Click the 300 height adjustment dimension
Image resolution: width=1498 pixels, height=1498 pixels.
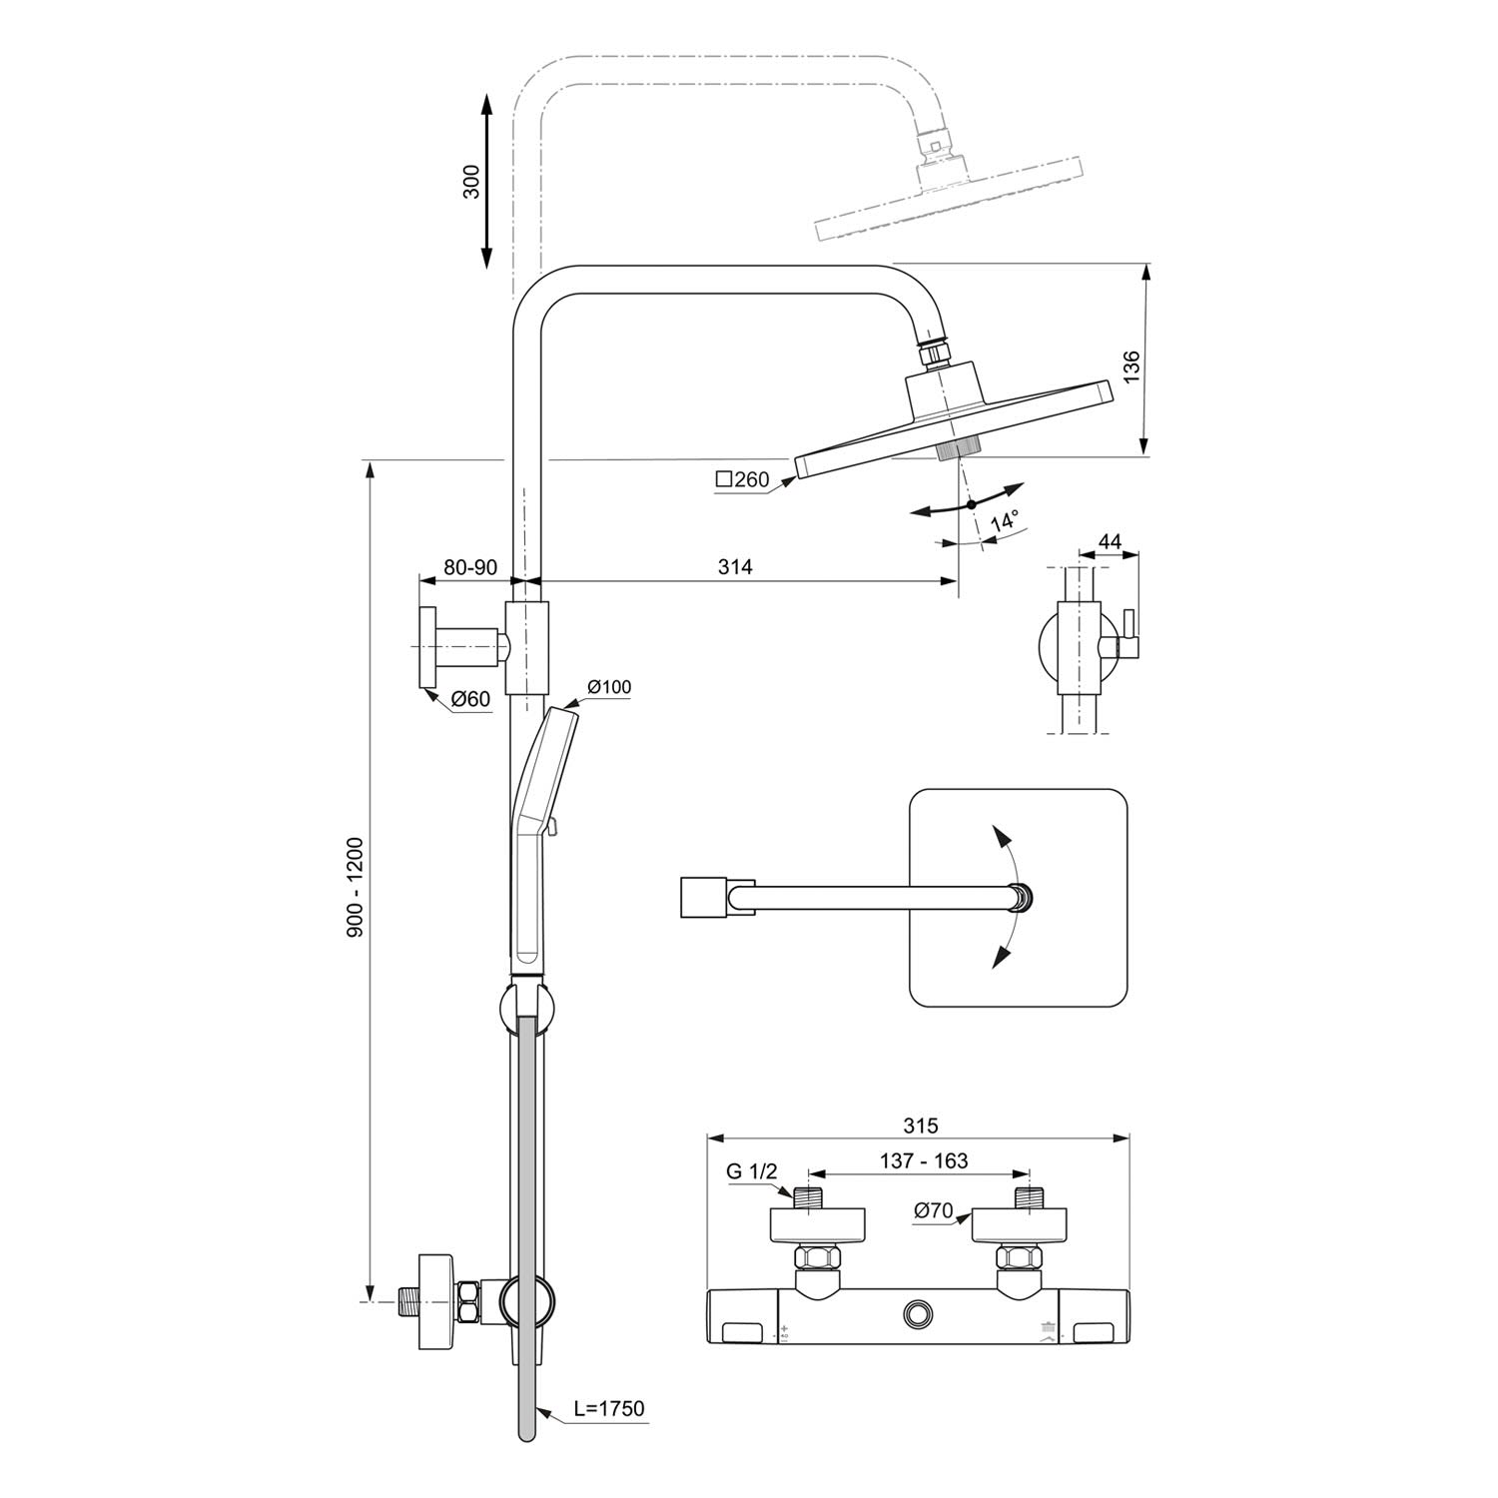point(471,181)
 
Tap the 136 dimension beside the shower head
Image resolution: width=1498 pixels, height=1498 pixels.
point(1130,368)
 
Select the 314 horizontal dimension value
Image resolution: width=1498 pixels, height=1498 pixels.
point(735,566)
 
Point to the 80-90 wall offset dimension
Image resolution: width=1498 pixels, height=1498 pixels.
point(470,566)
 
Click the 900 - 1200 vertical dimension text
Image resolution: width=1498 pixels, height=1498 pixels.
point(354,887)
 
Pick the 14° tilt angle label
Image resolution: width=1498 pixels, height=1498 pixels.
point(1004,520)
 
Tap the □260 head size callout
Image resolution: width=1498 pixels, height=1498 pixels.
point(742,479)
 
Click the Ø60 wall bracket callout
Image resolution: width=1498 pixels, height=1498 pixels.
point(470,699)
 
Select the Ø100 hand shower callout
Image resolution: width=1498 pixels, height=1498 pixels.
point(609,686)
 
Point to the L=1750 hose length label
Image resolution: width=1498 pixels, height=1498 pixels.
point(609,1408)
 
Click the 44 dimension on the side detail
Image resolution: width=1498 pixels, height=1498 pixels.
point(1110,542)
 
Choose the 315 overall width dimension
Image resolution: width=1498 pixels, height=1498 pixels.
point(921,1125)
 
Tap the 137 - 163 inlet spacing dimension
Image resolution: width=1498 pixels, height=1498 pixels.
point(924,1160)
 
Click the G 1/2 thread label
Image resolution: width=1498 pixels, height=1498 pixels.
point(751,1171)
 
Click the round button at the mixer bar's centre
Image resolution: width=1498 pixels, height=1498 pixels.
point(917,1314)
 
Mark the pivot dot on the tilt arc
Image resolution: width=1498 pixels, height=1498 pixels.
point(971,504)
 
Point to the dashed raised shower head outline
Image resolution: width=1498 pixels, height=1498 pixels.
point(949,200)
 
